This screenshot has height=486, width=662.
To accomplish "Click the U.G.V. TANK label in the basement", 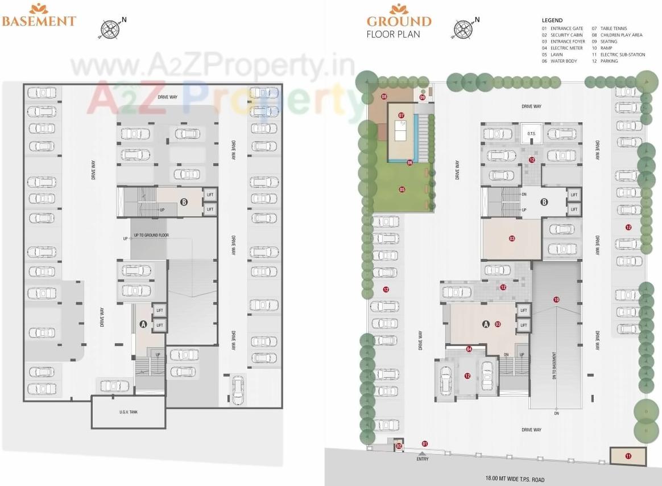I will pos(128,411).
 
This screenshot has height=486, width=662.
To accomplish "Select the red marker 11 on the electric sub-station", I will pos(628,455).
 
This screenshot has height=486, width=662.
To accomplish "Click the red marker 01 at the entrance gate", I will pos(424,443).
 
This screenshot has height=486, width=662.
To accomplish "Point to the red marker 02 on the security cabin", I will pos(399,446).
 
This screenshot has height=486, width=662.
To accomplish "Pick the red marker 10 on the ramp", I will pos(556,299).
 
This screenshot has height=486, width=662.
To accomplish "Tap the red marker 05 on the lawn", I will pos(402,189).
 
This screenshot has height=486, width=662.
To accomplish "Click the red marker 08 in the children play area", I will pos(384,97).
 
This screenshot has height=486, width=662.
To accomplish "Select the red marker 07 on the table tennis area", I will pos(402,115).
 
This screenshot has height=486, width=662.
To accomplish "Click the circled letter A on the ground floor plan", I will pos(486,324).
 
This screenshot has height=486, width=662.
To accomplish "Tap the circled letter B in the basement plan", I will pos(184,201).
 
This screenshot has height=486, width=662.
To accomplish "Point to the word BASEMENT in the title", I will pos(39,21).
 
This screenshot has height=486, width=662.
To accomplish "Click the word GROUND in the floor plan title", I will pos(399,22).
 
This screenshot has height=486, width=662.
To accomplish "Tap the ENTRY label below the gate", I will pos(422,459).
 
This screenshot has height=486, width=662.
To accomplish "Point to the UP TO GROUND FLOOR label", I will pos(151,235).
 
